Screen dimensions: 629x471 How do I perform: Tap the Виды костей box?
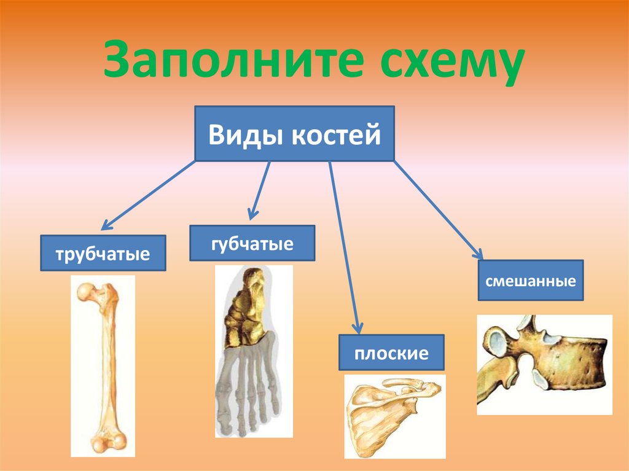[x=294, y=134]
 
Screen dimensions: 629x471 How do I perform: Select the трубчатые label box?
[x=103, y=253]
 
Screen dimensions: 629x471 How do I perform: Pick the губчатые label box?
[x=252, y=243]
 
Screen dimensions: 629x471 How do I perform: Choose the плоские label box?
[x=391, y=352]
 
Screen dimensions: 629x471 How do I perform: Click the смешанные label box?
[x=531, y=280]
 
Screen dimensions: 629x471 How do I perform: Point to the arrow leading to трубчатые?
[x=148, y=195]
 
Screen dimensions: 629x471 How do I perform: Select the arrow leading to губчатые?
[x=260, y=190]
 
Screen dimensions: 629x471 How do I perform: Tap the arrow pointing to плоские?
[x=344, y=247]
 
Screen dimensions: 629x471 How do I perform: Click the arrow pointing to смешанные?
[x=439, y=210]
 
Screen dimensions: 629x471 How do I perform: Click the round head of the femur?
[x=85, y=292]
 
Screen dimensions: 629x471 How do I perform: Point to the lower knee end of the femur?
[x=108, y=442]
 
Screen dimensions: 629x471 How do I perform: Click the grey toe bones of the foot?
[x=248, y=387]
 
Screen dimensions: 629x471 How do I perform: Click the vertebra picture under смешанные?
[x=544, y=364]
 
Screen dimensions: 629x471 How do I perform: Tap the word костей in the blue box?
[x=336, y=134]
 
